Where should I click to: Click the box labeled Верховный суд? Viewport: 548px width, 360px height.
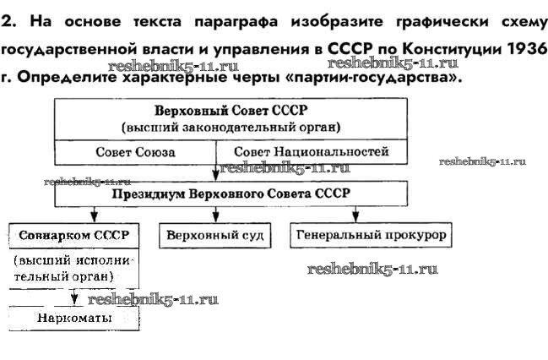(x=215, y=234)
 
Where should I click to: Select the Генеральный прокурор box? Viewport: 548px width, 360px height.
(x=371, y=234)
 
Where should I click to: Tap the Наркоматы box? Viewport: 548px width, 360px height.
(x=74, y=319)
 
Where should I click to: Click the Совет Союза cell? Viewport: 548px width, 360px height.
(x=135, y=153)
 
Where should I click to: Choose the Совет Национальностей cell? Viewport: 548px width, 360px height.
(x=312, y=152)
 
